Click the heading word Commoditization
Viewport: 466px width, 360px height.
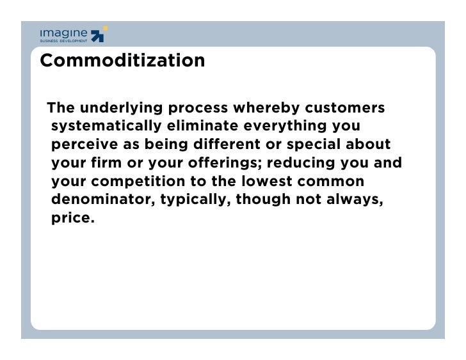(122, 61)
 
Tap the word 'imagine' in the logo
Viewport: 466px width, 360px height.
(63, 33)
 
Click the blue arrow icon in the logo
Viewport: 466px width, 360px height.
(97, 35)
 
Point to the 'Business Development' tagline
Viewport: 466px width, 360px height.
(63, 41)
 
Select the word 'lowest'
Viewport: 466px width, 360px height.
(268, 181)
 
